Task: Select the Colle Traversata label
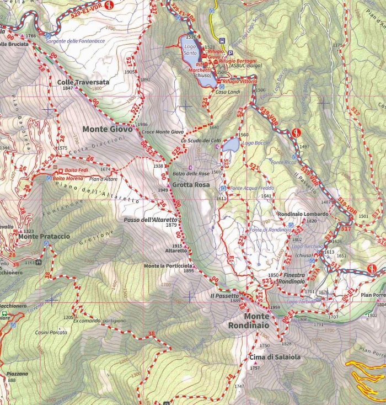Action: pos(83,82)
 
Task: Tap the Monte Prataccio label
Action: pos(44,237)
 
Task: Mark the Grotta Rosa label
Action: pos(190,185)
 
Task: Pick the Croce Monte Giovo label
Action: pos(163,132)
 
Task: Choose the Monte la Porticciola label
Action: pos(169,265)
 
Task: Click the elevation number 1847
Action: pos(68,88)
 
